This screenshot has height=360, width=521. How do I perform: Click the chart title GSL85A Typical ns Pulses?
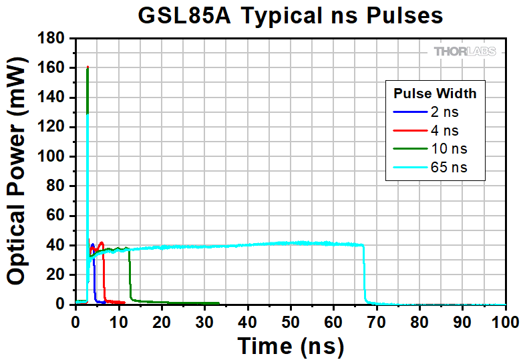pyautogui.click(x=291, y=15)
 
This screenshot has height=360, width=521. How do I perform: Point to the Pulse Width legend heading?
pyautogui.click(x=434, y=92)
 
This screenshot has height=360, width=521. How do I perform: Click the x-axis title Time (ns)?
pyautogui.click(x=291, y=345)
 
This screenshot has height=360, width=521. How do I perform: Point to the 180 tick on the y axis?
pyautogui.click(x=52, y=39)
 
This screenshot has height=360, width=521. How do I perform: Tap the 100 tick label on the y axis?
pyautogui.click(x=52, y=157)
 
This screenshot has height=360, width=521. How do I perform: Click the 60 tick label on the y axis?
pyautogui.click(x=56, y=216)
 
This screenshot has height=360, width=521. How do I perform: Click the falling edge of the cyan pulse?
pyautogui.click(x=365, y=274)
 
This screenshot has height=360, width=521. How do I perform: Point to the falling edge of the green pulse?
pyautogui.click(x=130, y=274)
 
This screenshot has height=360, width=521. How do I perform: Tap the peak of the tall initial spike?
pyautogui.click(x=88, y=67)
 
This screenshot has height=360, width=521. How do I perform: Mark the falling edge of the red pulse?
pyautogui.click(x=104, y=274)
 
